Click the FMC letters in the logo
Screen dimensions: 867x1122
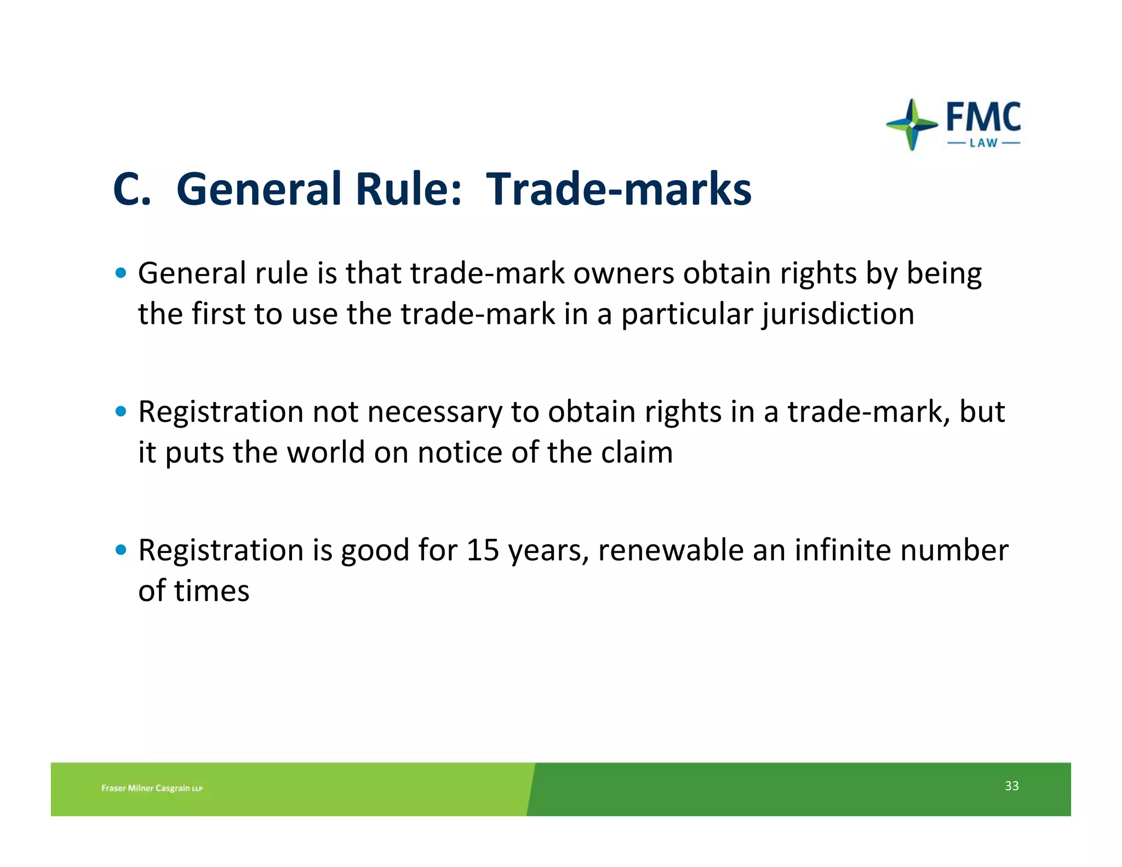(983, 117)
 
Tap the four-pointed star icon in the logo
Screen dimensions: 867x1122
(912, 124)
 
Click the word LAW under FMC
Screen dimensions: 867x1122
(983, 144)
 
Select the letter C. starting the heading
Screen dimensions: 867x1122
(131, 189)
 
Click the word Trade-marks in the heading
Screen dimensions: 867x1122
(619, 189)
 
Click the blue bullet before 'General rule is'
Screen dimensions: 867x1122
(121, 273)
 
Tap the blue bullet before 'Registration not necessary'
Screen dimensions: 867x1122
(121, 411)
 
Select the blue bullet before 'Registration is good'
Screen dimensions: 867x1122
(121, 550)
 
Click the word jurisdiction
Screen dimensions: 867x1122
(838, 315)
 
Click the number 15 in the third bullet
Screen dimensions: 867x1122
(483, 550)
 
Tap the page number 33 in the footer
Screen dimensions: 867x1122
(1011, 786)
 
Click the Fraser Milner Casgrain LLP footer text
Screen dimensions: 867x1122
(152, 788)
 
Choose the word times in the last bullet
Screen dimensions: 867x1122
(211, 591)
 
